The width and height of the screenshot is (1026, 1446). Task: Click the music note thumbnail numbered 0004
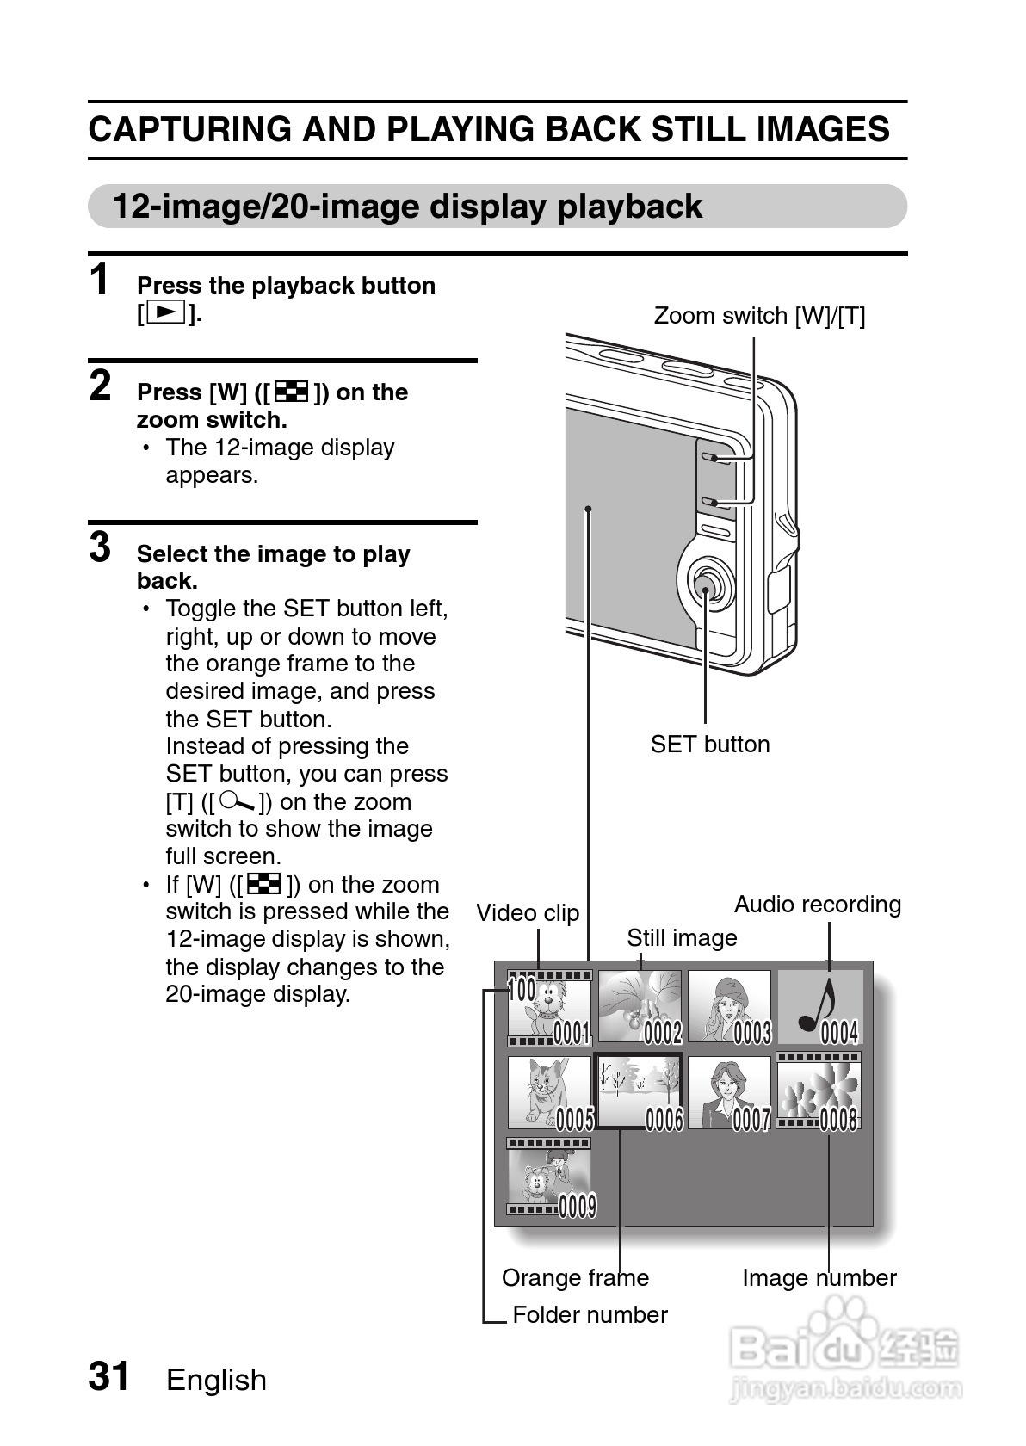820,1007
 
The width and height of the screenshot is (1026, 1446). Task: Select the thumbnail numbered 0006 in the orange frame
640,1091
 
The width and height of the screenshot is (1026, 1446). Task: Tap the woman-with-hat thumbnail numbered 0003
729,1007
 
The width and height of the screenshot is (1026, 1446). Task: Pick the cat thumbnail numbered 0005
550,1092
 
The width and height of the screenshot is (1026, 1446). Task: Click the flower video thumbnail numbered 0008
819,1091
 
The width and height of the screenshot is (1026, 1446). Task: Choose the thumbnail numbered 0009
549,1177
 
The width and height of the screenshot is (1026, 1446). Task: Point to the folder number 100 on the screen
522,990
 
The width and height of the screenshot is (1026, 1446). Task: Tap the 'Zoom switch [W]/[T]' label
759,316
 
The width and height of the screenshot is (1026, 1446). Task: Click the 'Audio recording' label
817,905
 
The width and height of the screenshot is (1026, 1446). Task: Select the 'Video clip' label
528,913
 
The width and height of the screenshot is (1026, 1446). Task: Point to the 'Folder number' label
590,1315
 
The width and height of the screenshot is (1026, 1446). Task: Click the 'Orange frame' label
575,1278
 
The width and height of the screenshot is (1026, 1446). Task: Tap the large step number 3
101,547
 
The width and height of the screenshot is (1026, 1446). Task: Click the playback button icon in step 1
166,312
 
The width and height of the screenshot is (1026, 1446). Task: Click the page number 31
109,1376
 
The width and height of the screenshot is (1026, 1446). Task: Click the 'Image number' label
819,1278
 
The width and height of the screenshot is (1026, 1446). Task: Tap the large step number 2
101,386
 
